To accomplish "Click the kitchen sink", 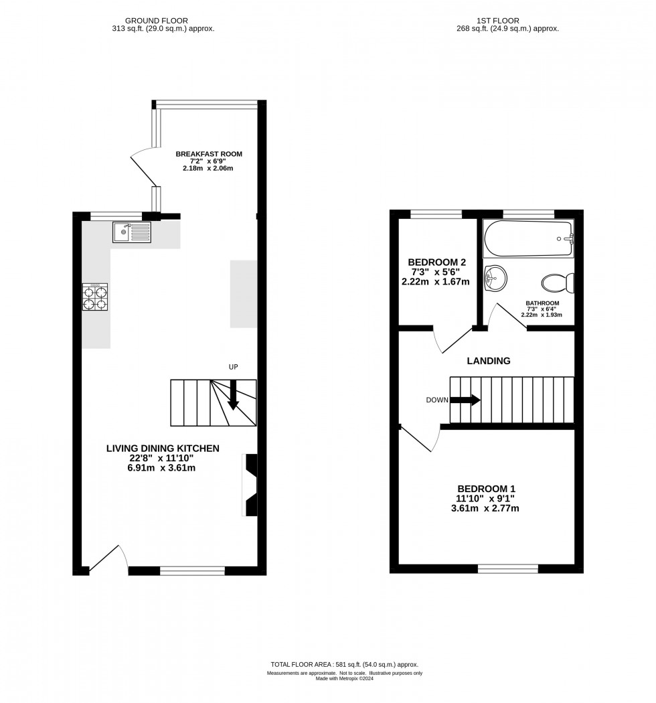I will [133, 232].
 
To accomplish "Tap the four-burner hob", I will [94, 297].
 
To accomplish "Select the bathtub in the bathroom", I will [528, 239].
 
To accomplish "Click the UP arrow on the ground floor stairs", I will [233, 394].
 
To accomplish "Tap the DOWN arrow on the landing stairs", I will [466, 400].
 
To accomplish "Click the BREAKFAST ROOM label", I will [209, 154].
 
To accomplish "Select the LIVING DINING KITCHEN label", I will [163, 448].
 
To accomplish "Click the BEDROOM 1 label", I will [487, 489].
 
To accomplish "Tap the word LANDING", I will [488, 361].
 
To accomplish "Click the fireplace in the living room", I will [250, 485].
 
